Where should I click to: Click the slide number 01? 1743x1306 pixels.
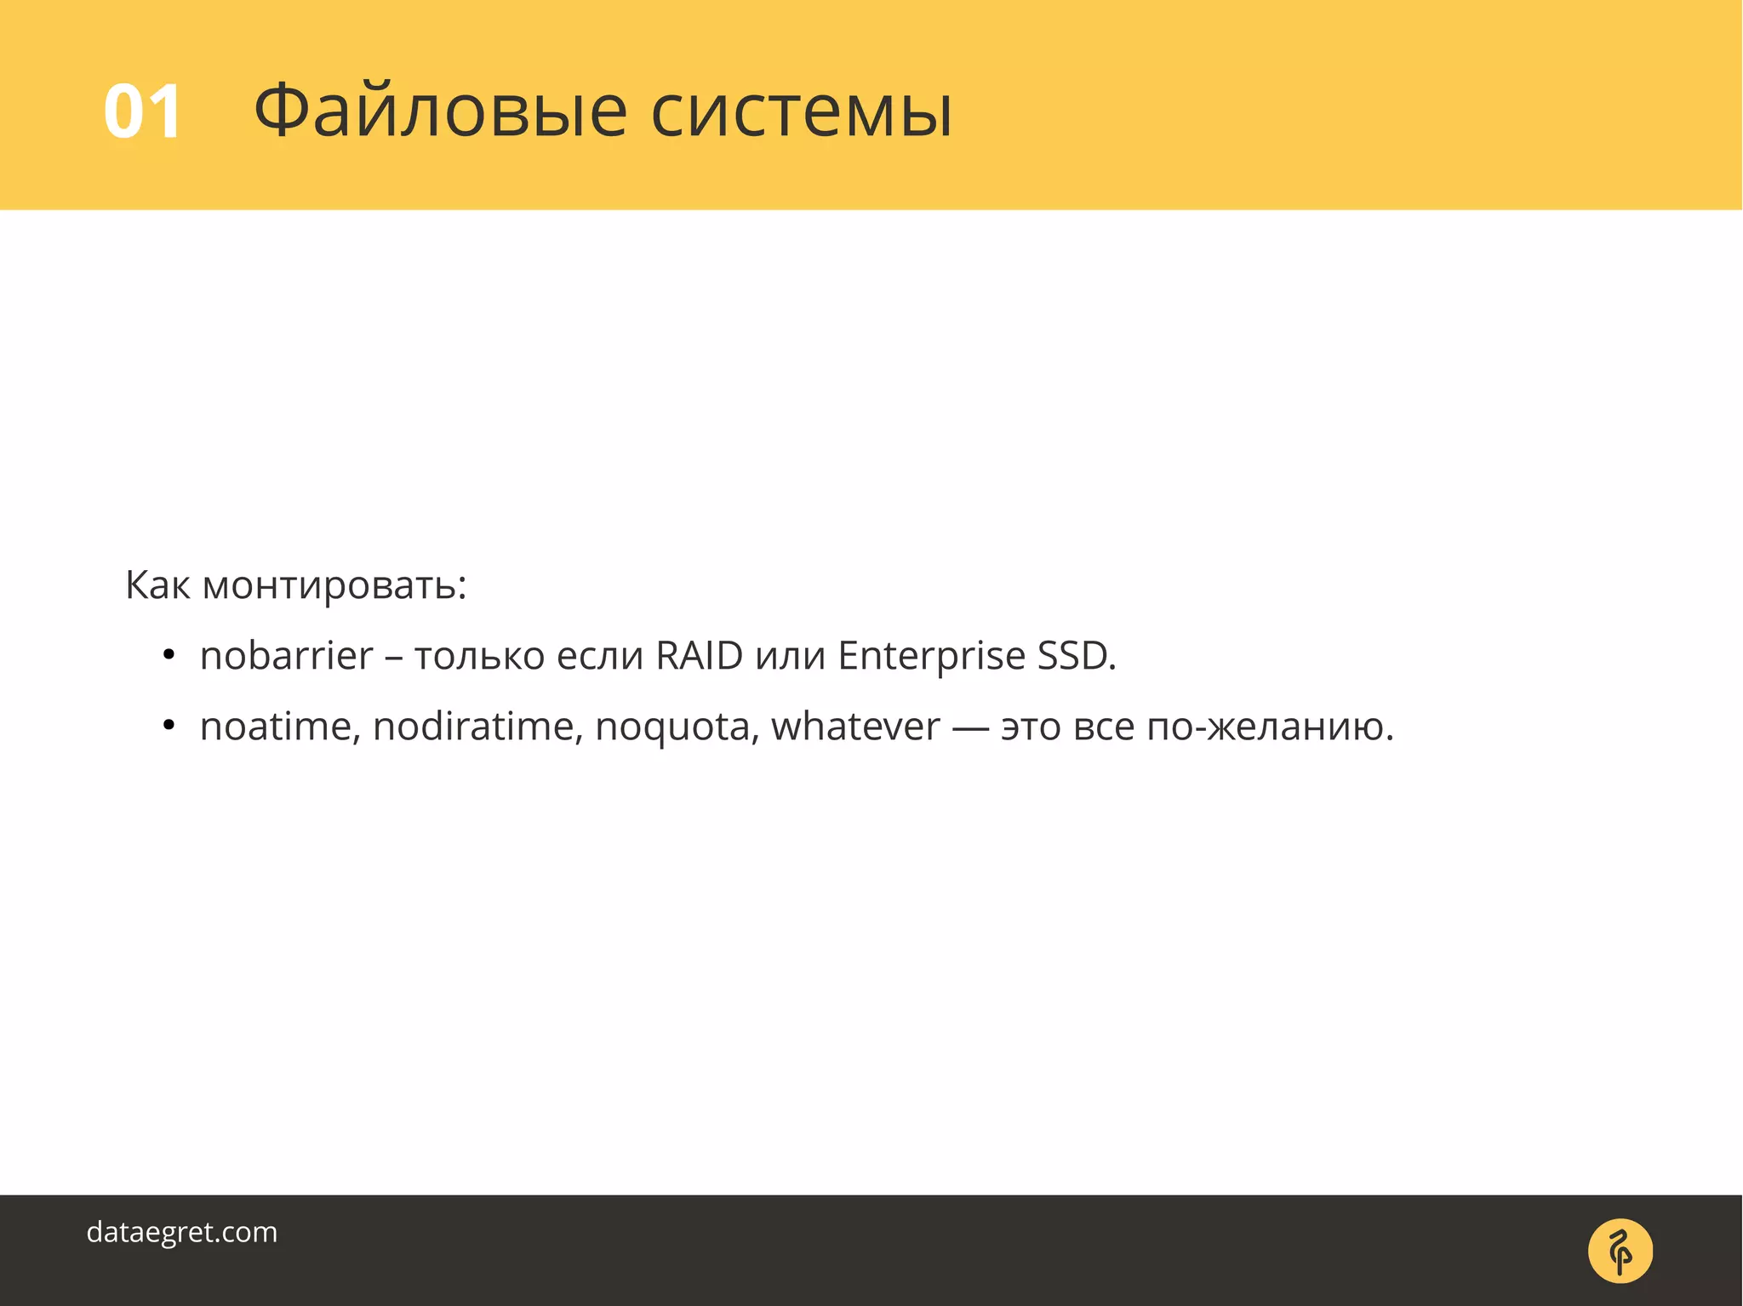click(x=142, y=111)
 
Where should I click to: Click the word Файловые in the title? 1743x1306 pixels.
click(x=440, y=111)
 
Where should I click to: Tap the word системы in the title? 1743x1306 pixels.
click(x=801, y=113)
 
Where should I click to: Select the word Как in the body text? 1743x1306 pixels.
click(x=157, y=585)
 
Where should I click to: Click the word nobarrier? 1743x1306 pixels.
click(x=286, y=656)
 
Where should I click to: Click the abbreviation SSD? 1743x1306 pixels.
click(x=1075, y=656)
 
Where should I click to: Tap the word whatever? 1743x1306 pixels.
click(x=855, y=727)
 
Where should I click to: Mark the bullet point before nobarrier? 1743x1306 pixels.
click(x=169, y=655)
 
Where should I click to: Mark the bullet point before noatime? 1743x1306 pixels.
click(x=169, y=726)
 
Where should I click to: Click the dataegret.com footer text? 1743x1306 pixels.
click(x=182, y=1232)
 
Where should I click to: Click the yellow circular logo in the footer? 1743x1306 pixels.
click(x=1620, y=1250)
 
